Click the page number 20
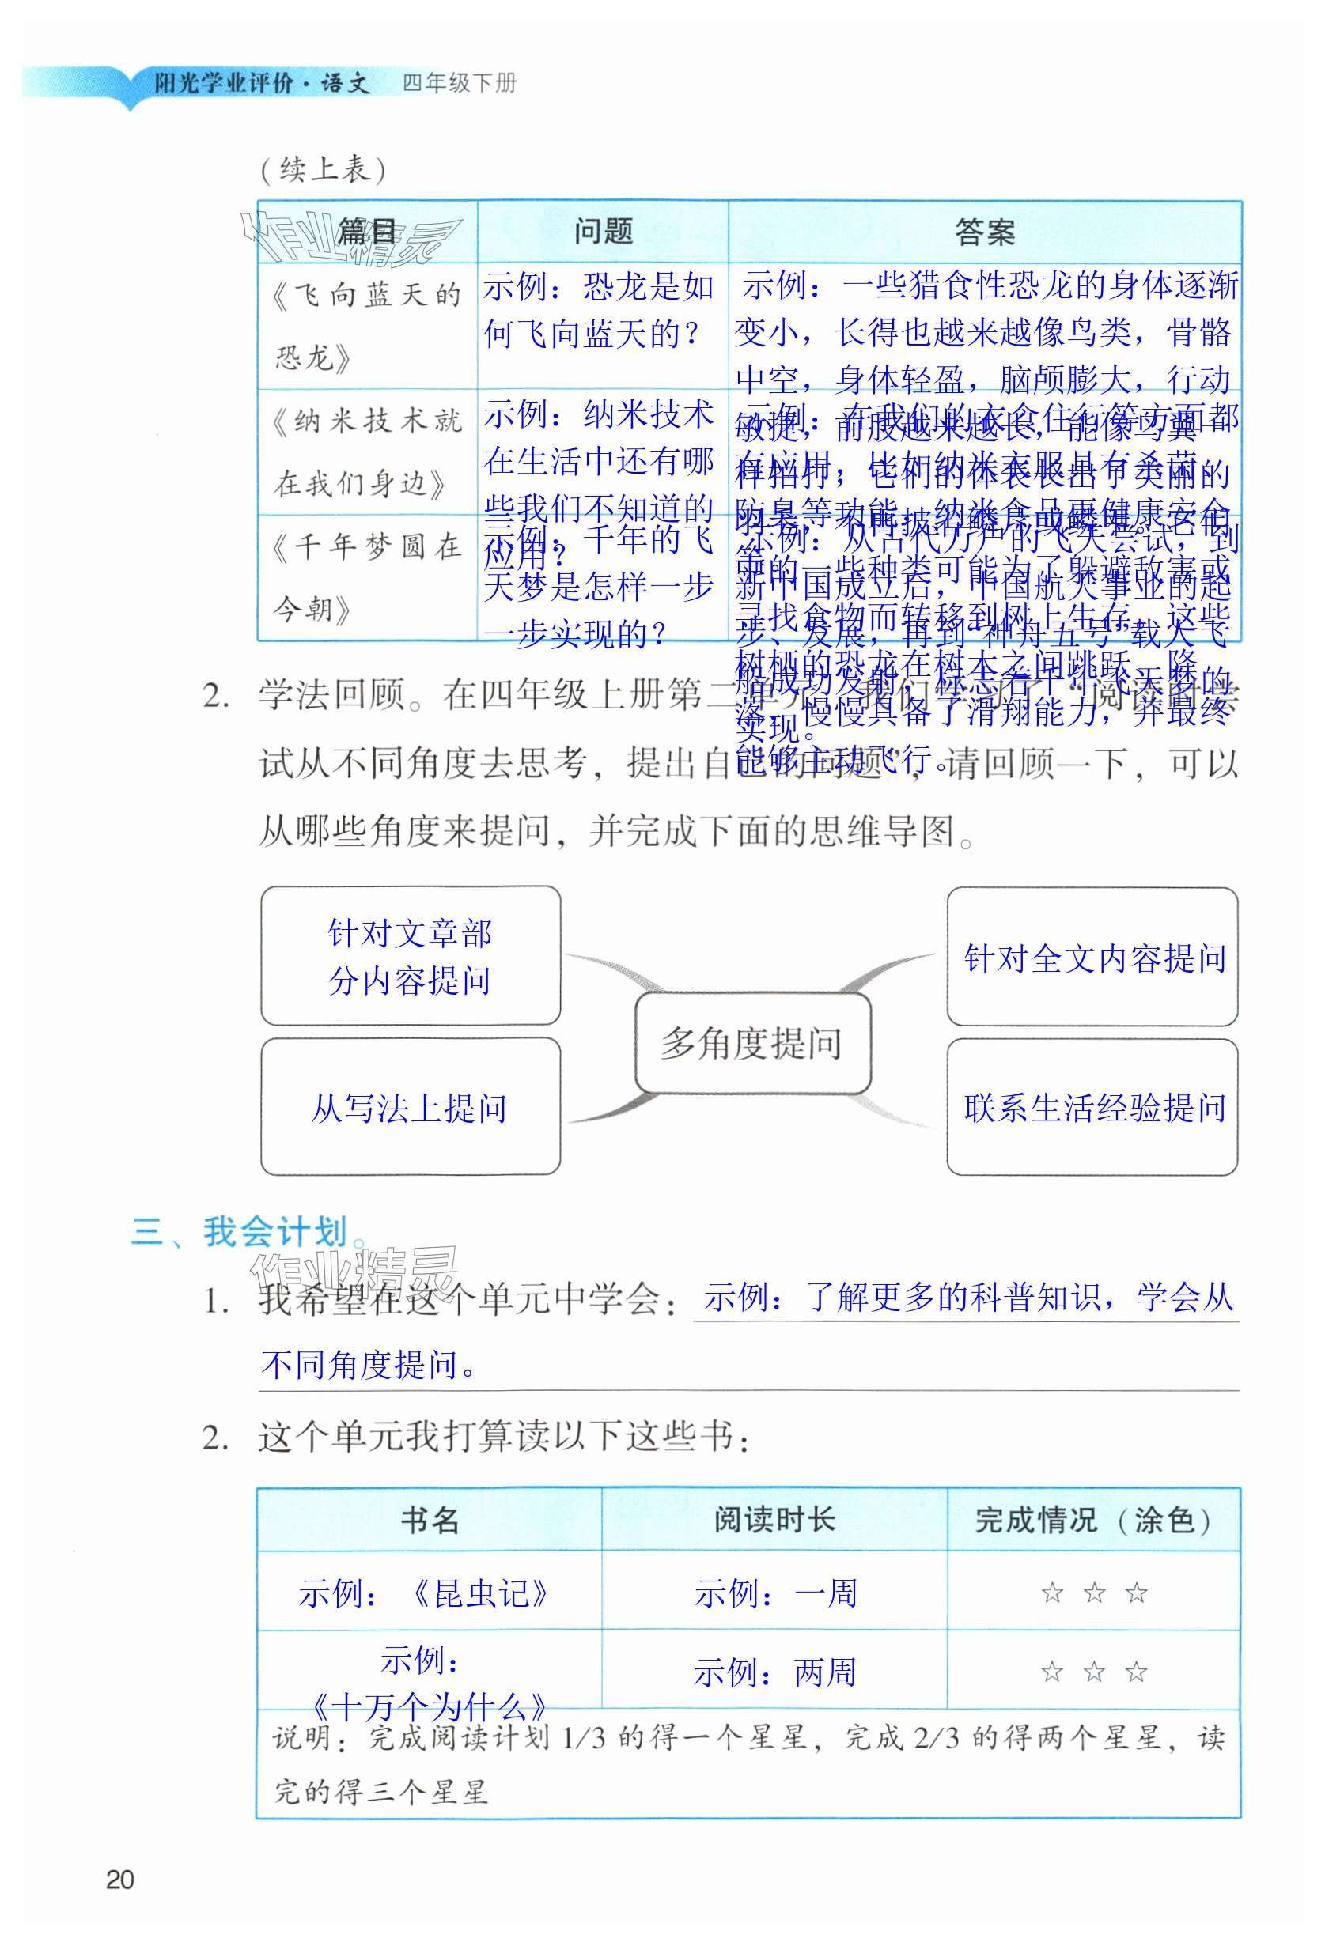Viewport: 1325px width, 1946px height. click(119, 1879)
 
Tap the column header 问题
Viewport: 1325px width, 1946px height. click(602, 232)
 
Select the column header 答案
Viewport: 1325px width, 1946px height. click(984, 232)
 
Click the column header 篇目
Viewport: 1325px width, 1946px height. click(367, 232)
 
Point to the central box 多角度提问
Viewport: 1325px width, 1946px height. click(751, 1043)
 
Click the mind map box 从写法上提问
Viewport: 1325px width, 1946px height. click(410, 1108)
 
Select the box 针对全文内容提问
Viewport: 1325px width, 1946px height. click(1094, 958)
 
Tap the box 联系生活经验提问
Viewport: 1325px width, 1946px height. click(1094, 1108)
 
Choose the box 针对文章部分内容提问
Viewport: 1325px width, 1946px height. click(410, 956)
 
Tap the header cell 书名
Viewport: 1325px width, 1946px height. click(429, 1520)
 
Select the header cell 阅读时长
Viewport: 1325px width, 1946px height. click(774, 1520)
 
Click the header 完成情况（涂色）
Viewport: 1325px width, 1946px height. click(1093, 1520)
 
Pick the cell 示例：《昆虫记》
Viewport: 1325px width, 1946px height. click(424, 1593)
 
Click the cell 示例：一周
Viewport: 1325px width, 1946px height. click(775, 1593)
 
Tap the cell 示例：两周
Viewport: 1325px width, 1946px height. click(774, 1673)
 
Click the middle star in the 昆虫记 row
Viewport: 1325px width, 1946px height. click(1094, 1593)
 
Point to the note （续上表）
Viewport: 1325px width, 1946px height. click(323, 170)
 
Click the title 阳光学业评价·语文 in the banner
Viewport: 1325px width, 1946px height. click(261, 83)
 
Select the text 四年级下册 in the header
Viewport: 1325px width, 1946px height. click(459, 83)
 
